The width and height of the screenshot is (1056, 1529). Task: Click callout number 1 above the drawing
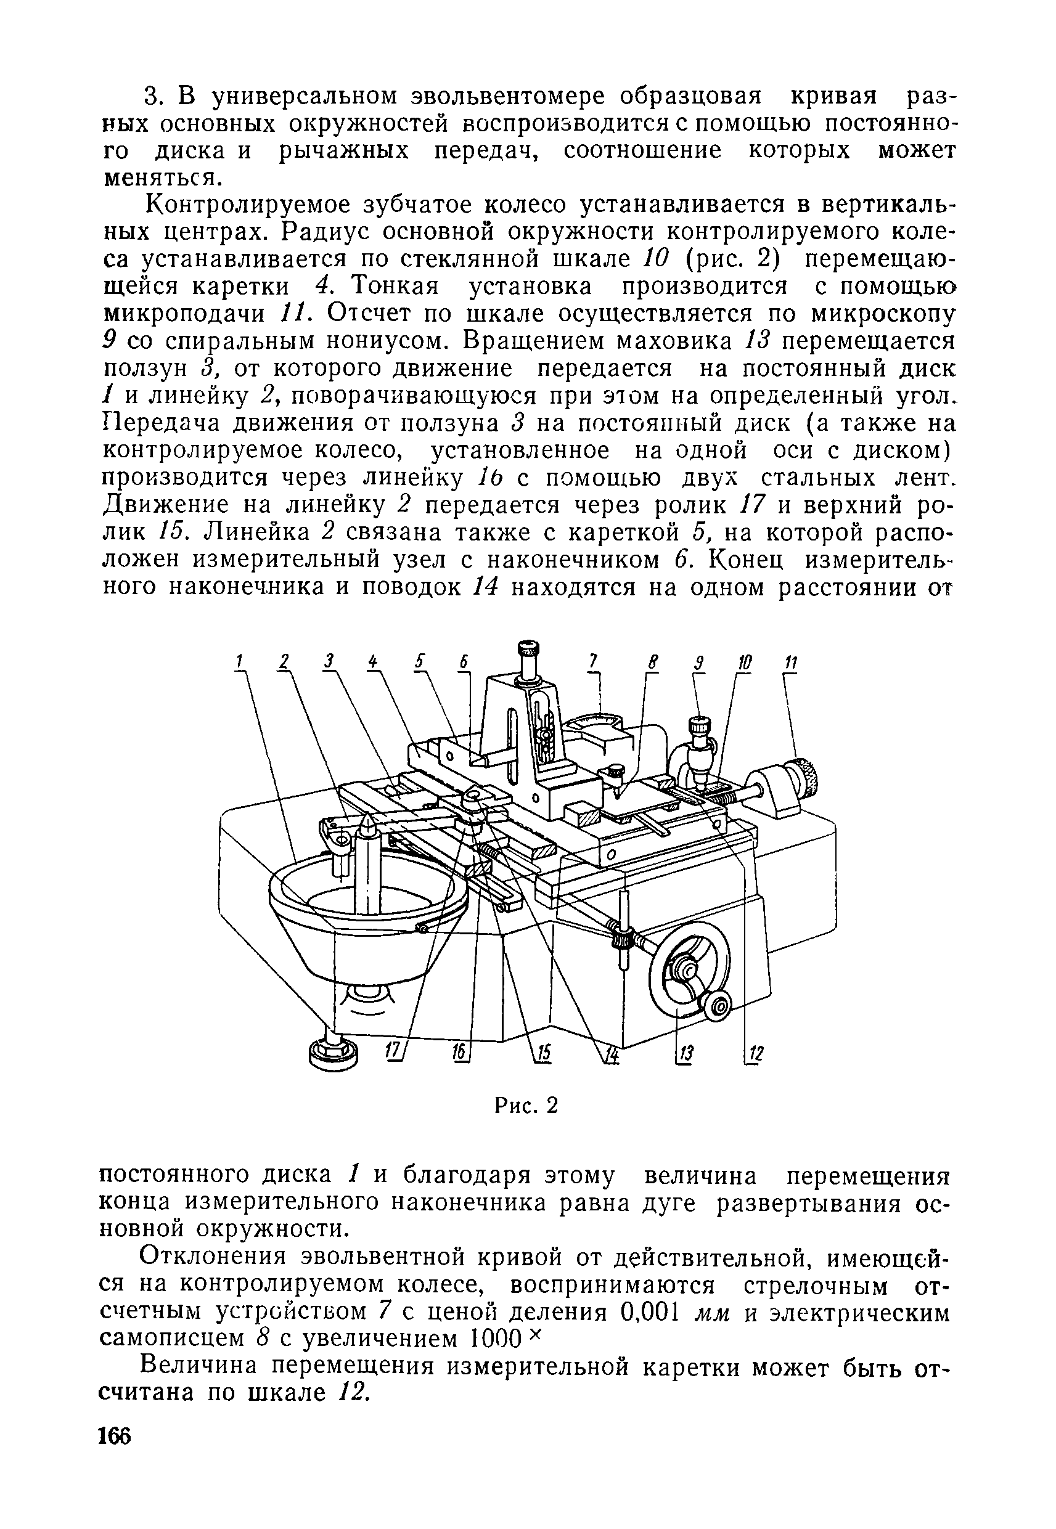point(240,661)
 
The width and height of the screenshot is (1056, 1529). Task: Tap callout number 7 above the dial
point(594,661)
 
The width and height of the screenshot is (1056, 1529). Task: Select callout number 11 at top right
point(792,662)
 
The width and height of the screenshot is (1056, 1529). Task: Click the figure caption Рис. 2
point(526,1106)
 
